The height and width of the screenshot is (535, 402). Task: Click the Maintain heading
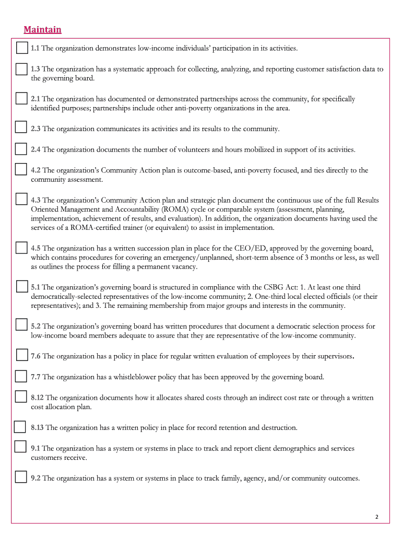42,30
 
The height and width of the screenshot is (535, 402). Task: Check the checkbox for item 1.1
21,48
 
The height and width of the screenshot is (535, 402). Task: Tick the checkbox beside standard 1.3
21,69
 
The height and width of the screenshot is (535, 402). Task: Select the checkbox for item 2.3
21,127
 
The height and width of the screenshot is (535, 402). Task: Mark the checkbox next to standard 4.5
21,248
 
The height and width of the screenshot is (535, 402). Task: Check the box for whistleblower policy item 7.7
21,376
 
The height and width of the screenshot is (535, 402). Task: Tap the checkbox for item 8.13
20,427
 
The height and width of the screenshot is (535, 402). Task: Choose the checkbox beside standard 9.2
21,476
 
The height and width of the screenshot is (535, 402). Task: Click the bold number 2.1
36,99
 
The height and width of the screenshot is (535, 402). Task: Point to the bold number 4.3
36,200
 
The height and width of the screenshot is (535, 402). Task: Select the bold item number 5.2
36,327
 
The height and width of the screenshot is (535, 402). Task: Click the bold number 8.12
38,398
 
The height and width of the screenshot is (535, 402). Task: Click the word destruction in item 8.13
279,427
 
